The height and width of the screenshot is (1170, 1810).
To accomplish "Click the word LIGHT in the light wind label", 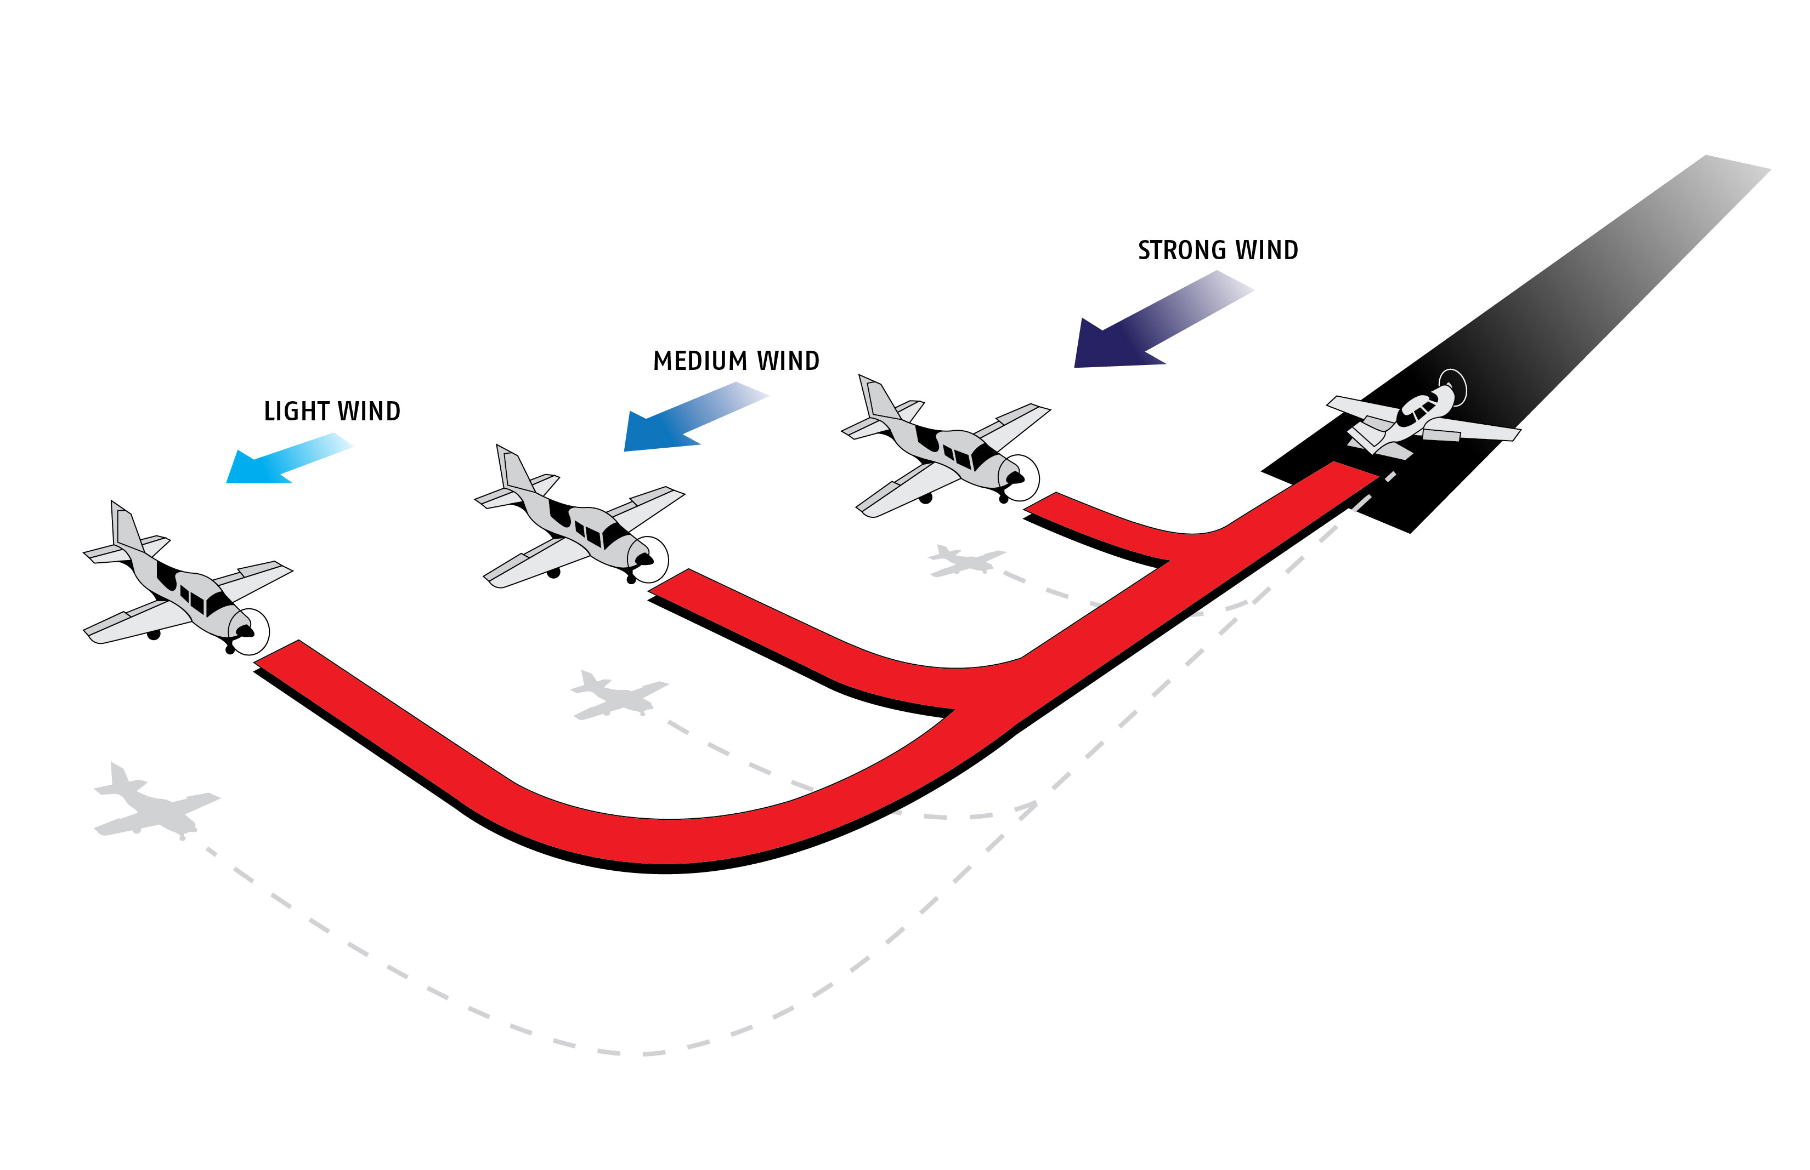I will tap(296, 411).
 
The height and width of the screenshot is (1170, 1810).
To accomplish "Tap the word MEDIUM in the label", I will tap(699, 361).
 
